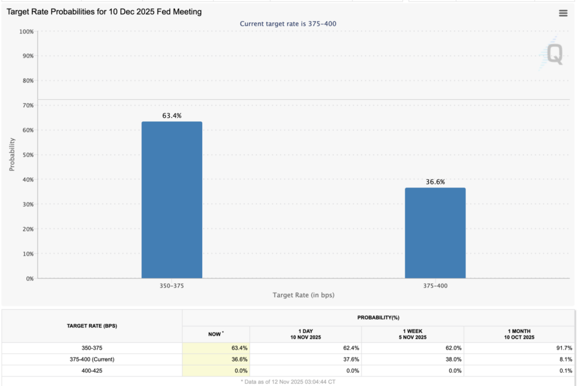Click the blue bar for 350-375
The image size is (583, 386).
171,200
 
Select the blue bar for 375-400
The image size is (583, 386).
435,233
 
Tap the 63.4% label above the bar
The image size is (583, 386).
171,116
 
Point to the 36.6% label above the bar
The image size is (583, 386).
435,182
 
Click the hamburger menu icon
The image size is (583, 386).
563,13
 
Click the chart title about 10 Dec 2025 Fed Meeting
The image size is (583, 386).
104,11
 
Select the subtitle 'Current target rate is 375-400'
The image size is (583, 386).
291,23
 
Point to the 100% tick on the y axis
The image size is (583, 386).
26,31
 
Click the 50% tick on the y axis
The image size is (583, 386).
27,155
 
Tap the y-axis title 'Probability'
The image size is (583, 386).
12,154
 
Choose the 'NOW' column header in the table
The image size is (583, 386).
215,334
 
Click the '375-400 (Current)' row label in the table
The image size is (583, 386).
92,359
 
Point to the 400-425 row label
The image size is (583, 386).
92,370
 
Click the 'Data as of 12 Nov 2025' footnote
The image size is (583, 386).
288,381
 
